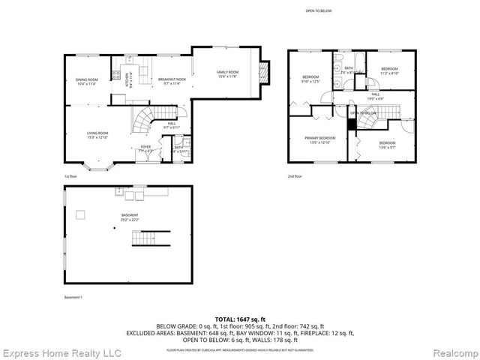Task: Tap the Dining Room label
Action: coord(87,82)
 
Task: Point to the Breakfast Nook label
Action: coord(170,81)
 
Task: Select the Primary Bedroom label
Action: coord(319,139)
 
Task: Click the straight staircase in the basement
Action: coord(146,239)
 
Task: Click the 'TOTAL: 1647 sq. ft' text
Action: coord(240,319)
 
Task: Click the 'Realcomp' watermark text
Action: coord(448,352)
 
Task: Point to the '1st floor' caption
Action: coord(70,176)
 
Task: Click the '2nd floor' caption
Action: coord(295,176)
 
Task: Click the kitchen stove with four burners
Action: coord(115,74)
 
